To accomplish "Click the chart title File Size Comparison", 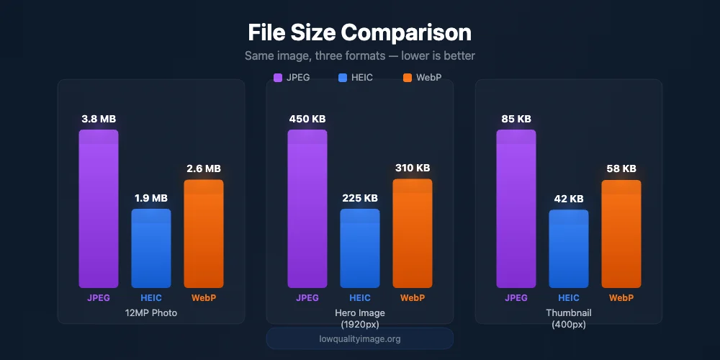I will pos(359,32).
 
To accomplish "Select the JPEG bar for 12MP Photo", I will pos(99,209).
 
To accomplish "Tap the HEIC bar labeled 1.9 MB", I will pos(151,248).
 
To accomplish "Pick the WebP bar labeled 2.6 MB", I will pos(204,234).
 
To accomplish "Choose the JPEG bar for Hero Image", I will pos(307,209).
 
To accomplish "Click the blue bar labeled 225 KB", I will pos(360,248).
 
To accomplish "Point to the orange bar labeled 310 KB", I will pos(413,233).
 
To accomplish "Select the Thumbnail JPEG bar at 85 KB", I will pos(516,209).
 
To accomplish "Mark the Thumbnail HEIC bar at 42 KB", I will pos(569,249).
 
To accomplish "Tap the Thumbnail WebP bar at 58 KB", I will pos(621,234).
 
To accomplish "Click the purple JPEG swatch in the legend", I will pos(278,78).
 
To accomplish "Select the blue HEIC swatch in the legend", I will pos(341,78).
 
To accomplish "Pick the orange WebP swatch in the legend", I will pos(407,78).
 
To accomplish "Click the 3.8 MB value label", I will pos(99,119).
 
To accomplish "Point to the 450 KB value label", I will pos(307,119).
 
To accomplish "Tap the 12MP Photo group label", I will pos(151,313).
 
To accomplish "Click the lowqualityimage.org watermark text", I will pos(360,338).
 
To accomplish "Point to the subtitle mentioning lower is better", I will pos(359,55).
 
